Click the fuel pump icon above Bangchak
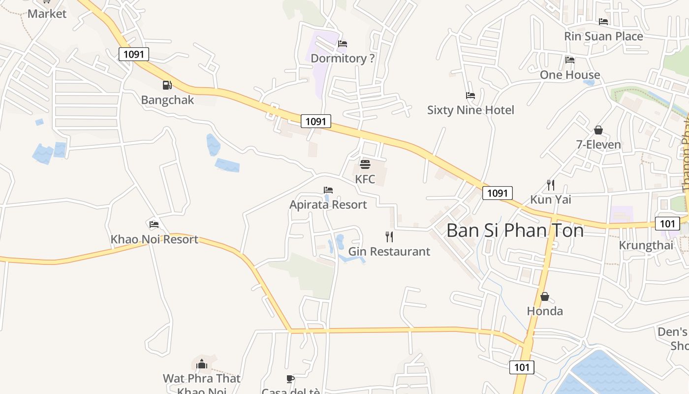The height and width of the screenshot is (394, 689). tap(167, 85)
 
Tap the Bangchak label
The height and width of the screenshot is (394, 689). tap(167, 100)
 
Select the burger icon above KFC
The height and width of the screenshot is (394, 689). tap(365, 164)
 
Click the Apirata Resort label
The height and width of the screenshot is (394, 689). tap(328, 204)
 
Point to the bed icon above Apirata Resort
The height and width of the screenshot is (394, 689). tap(328, 190)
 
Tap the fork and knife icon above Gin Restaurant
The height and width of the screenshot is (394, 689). tap(389, 237)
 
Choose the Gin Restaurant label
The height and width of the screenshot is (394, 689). tap(389, 252)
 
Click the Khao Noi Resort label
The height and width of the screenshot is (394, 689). tap(154, 239)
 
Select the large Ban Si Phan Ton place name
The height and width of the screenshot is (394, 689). tap(515, 230)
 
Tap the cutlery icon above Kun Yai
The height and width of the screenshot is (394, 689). tap(551, 185)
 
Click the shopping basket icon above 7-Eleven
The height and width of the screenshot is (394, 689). tap(598, 130)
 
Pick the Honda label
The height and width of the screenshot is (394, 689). tap(545, 311)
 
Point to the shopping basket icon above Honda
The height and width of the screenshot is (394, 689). tap(545, 296)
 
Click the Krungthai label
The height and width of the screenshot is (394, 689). tap(646, 245)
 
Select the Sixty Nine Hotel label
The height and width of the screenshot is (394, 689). tap(470, 110)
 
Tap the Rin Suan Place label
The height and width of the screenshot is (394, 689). tap(603, 36)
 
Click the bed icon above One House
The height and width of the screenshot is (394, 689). tap(570, 60)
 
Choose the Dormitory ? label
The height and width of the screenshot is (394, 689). tap(343, 59)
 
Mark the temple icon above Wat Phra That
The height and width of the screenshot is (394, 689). tap(202, 364)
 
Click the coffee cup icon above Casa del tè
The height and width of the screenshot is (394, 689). tap(290, 379)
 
